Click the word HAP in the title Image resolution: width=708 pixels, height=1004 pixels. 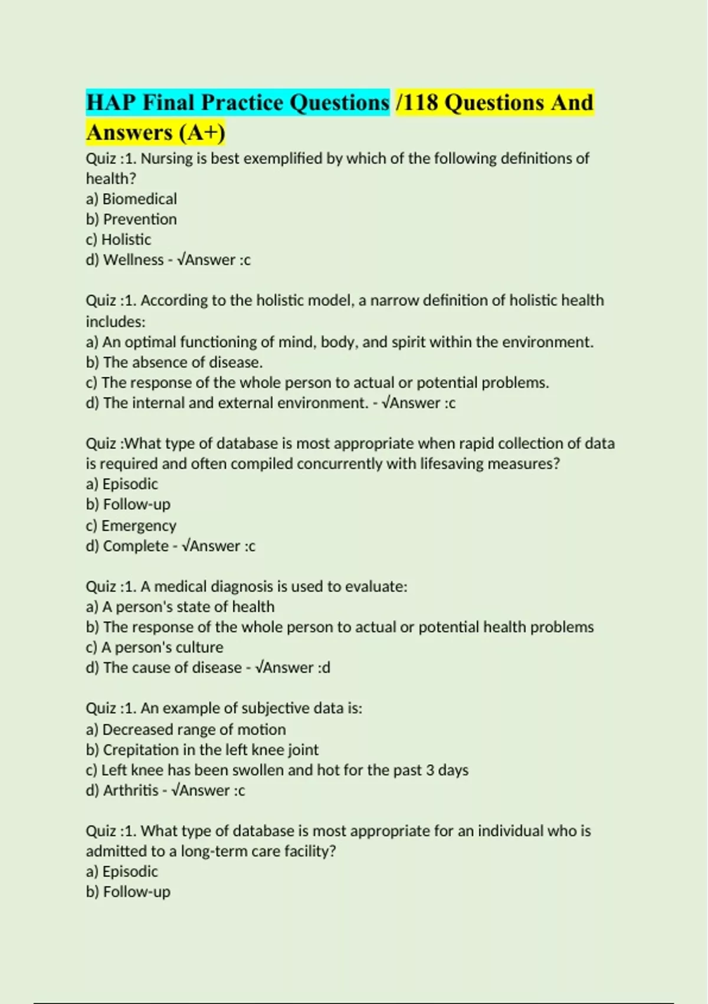111,103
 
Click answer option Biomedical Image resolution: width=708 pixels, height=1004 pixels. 139,199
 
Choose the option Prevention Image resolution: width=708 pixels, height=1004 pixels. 140,219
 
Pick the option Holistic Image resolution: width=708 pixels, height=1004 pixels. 126,239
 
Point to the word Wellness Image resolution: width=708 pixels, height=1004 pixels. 133,260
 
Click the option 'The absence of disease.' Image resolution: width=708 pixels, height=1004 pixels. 182,362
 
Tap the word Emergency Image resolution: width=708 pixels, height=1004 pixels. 139,525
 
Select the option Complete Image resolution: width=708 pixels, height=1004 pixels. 136,546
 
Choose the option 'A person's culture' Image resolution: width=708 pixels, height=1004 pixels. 162,647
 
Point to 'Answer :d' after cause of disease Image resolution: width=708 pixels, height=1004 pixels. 293,667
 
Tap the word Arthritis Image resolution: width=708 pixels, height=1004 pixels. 131,790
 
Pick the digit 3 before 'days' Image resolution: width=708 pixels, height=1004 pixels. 430,770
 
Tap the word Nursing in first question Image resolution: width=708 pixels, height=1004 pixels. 166,158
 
